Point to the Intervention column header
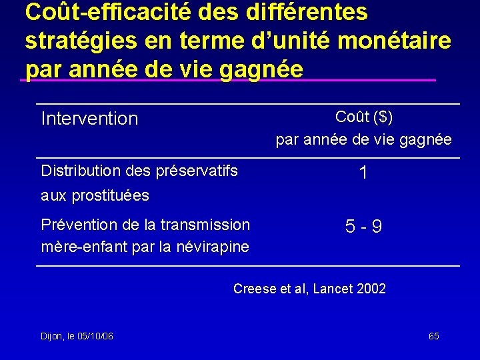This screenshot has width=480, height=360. point(89,119)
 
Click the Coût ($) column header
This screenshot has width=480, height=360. point(364,117)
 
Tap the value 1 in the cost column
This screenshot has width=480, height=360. point(363,173)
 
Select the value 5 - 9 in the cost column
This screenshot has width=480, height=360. point(363,227)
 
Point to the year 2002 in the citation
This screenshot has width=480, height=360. point(371,289)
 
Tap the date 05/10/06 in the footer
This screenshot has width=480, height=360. point(95,336)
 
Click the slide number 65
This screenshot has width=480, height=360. point(433,336)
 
